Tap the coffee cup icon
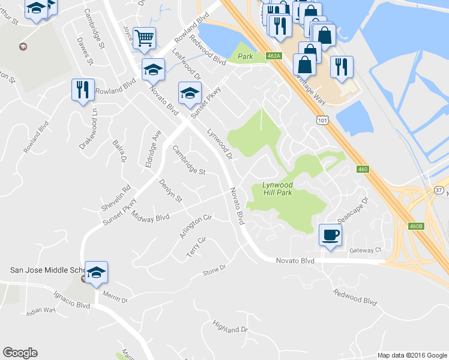click(330, 235)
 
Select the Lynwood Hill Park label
click(277, 189)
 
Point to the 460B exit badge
click(416, 226)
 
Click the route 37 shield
click(438, 190)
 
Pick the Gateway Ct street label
click(366, 250)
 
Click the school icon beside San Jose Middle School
click(96, 274)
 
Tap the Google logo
click(20, 353)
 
